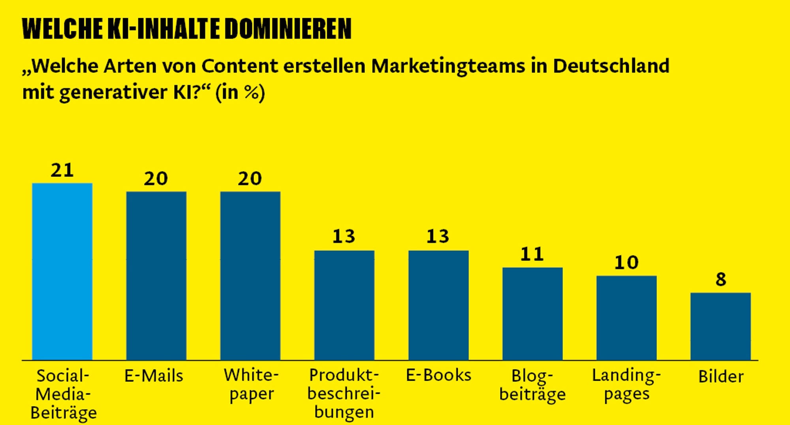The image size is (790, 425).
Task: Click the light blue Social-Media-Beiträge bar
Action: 62,272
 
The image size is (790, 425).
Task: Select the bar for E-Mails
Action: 156,276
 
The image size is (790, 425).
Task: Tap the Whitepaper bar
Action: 250,276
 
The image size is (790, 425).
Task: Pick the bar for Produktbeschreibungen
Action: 344,305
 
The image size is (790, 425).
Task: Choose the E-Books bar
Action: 438,305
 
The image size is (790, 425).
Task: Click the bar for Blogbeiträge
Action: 532,314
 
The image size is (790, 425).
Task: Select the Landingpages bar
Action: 626,318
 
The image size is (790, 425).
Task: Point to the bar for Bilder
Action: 720,326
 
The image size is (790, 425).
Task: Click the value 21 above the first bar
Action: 62,170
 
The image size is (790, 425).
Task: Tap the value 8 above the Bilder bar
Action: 721,280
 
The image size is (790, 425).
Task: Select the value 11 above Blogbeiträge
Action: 532,254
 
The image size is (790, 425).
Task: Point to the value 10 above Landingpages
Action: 626,263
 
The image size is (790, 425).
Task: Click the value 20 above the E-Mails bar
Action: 156,179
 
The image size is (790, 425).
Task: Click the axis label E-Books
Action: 438,375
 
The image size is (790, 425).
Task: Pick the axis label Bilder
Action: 721,376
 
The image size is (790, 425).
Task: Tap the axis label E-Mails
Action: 154,376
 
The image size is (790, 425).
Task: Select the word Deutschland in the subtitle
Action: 611,66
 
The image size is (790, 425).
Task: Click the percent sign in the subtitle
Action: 252,92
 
